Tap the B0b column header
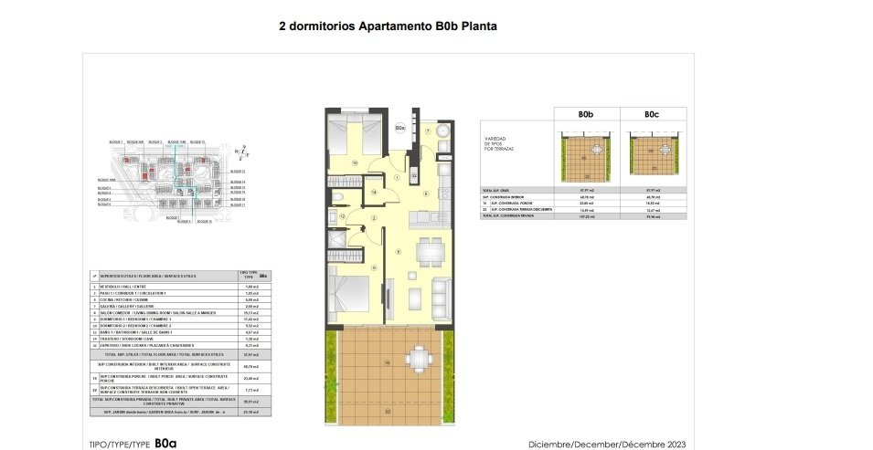[586, 115]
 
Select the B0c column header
[651, 115]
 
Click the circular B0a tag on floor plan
[400, 129]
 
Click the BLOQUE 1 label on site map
[115, 142]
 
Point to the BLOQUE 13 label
[235, 171]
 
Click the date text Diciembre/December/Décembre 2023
[607, 444]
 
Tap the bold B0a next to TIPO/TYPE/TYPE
[165, 443]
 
